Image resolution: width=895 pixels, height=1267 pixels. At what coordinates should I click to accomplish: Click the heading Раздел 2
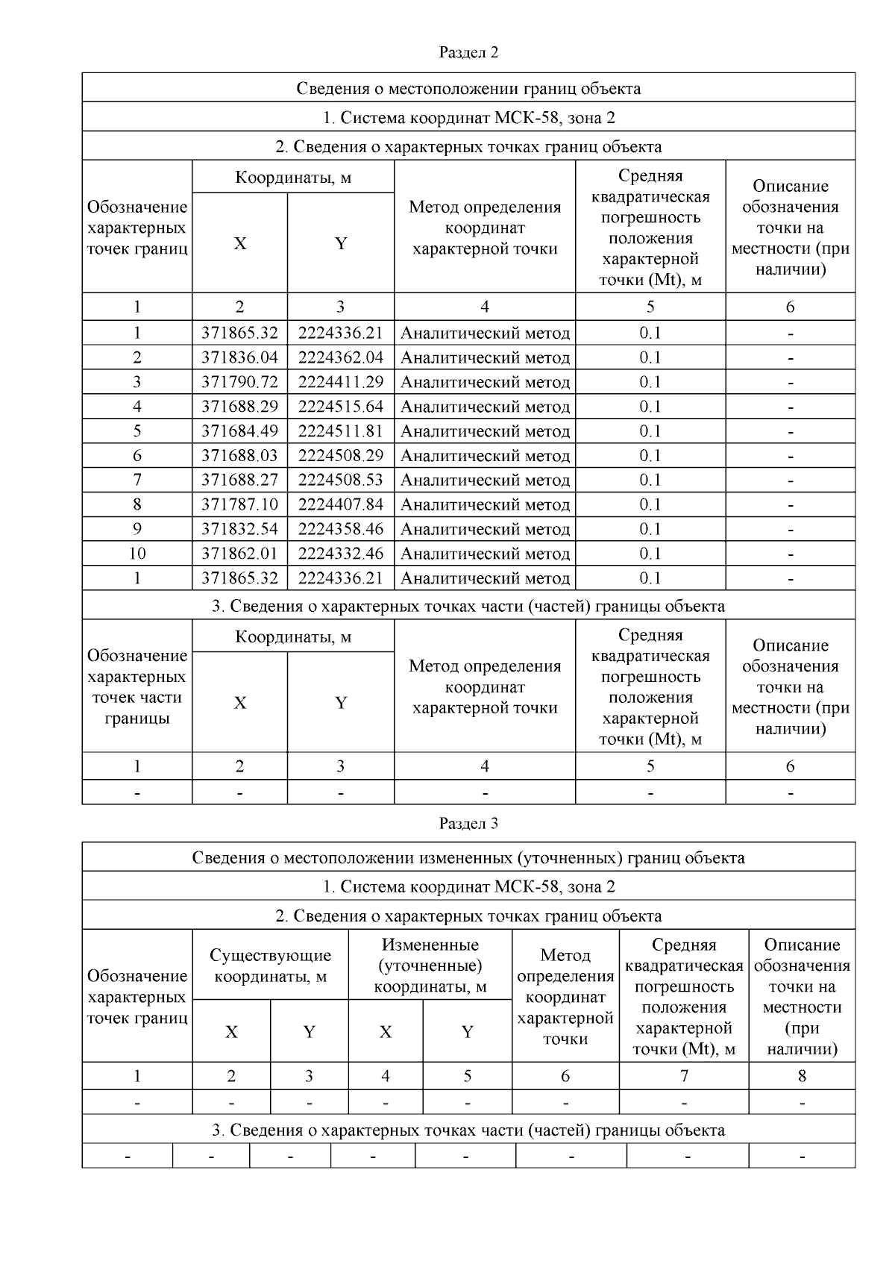[468, 52]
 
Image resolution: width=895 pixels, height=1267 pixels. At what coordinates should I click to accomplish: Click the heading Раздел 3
[468, 823]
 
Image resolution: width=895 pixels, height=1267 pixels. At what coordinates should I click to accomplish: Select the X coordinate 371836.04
[239, 357]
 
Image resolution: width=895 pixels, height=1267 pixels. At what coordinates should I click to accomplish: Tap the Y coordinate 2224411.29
[341, 382]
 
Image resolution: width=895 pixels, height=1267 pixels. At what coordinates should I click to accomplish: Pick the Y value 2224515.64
[341, 407]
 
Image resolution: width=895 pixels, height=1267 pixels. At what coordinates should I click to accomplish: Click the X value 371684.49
[239, 431]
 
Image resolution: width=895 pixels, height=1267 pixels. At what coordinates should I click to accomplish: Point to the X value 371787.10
[239, 504]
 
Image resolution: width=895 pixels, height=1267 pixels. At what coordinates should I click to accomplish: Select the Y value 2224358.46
[341, 529]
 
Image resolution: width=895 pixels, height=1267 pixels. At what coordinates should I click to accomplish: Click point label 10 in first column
[137, 554]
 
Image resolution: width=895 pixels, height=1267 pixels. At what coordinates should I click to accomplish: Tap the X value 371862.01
[239, 554]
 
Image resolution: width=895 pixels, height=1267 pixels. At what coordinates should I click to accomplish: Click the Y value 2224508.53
[341, 480]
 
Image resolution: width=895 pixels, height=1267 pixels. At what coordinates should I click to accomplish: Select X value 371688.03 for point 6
[239, 456]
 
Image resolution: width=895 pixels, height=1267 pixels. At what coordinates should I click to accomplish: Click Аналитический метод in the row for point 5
[485, 431]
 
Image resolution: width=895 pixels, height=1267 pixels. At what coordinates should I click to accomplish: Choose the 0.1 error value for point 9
[650, 529]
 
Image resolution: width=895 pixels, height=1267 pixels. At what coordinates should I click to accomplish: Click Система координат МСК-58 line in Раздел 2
[468, 117]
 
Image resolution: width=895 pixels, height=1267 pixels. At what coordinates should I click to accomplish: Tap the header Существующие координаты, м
[270, 966]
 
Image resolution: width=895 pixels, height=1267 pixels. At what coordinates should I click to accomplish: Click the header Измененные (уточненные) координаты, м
[430, 966]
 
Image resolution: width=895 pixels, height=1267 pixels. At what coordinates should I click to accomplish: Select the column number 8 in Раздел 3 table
[802, 1076]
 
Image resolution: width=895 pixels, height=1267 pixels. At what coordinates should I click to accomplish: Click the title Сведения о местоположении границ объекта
[468, 88]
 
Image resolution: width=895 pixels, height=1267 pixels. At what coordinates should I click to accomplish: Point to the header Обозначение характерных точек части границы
[137, 686]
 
